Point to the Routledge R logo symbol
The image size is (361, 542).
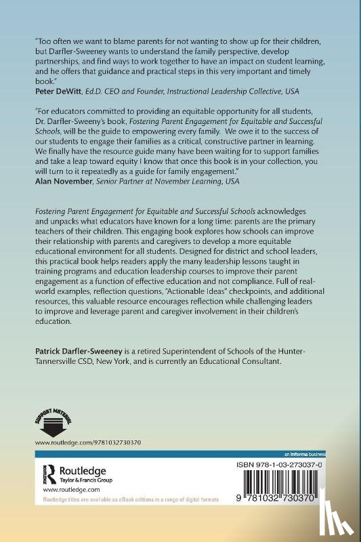49,472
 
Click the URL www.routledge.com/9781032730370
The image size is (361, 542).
89,443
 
